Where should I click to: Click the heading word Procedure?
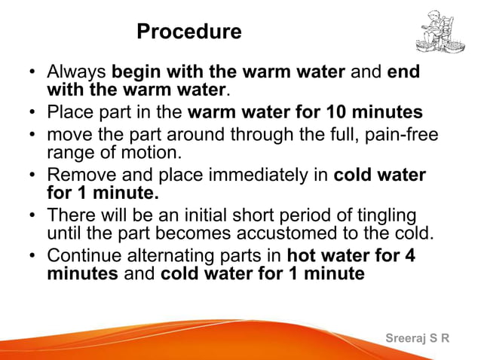pyautogui.click(x=189, y=32)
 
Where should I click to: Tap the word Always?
pyautogui.click(x=77, y=74)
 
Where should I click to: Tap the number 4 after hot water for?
pyautogui.click(x=410, y=255)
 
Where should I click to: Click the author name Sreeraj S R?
pyautogui.click(x=417, y=338)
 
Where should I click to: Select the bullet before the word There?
pyautogui.click(x=32, y=215)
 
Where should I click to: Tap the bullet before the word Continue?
pyautogui.click(x=32, y=256)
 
